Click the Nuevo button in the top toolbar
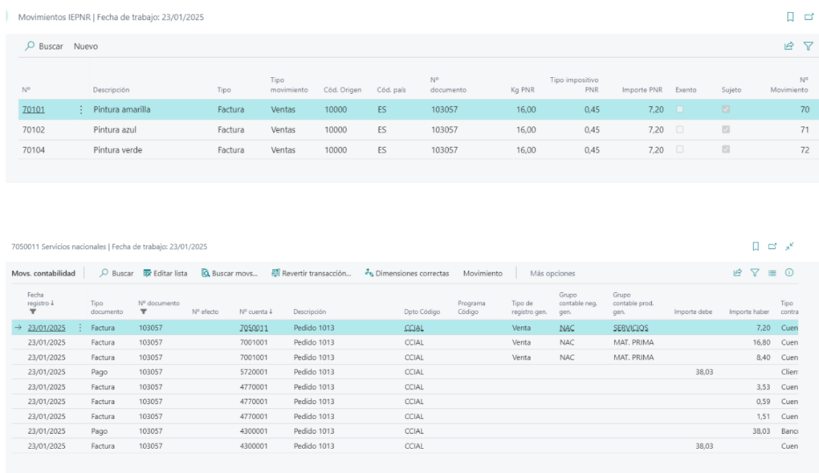click(86, 46)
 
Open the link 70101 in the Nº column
click(34, 109)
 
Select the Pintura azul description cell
click(114, 129)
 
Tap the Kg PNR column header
click(523, 90)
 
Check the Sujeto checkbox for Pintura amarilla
click(726, 109)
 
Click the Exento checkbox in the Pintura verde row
click(679, 149)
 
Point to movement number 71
click(805, 129)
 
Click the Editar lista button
click(165, 273)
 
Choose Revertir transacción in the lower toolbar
click(312, 273)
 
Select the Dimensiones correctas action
click(407, 273)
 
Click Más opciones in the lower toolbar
click(552, 273)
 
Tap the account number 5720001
click(253, 372)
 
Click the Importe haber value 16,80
click(761, 342)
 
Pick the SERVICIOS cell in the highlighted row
click(630, 328)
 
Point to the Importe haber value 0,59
click(763, 402)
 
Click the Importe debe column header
click(693, 312)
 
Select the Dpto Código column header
click(422, 312)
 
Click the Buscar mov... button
click(230, 273)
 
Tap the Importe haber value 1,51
click(763, 417)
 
